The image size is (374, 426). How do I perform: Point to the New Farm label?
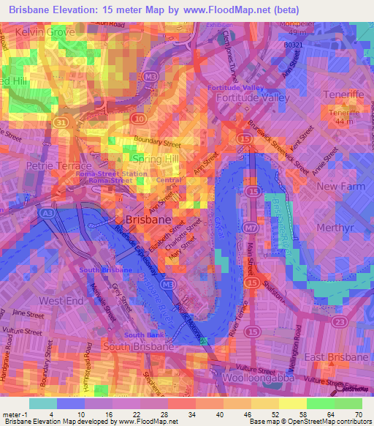[x=340, y=187]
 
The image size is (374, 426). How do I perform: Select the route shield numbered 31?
[x=63, y=122]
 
